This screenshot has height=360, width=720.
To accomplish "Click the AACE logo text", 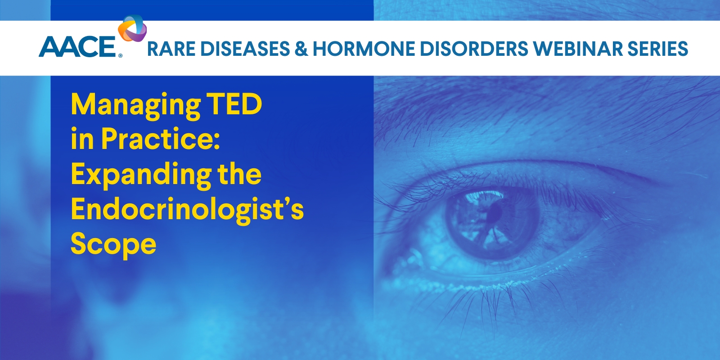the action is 77,47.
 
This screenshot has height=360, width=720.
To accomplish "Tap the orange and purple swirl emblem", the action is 132,28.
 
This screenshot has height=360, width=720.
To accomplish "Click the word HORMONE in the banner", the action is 364,49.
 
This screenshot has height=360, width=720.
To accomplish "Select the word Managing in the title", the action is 135,106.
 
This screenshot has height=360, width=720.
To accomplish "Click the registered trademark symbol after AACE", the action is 120,56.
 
